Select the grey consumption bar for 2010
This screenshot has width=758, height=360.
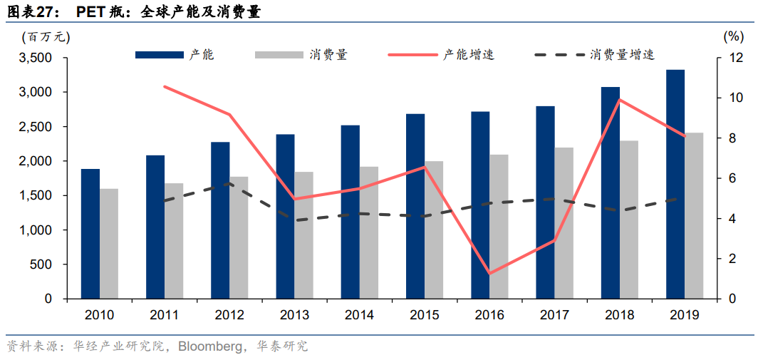click(x=108, y=243)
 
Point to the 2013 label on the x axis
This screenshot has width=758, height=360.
click(x=294, y=314)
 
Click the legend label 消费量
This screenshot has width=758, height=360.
click(x=328, y=54)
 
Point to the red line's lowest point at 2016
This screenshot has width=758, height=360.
click(x=489, y=273)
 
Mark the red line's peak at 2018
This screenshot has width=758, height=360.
click(x=620, y=100)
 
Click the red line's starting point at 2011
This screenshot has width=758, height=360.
click(x=165, y=87)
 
